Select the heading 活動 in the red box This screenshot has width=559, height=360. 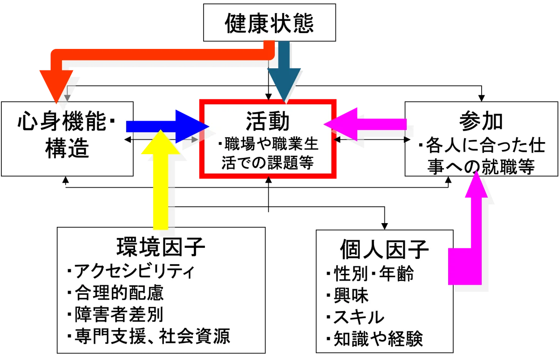pyautogui.click(x=268, y=122)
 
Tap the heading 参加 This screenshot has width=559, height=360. pyautogui.click(x=481, y=122)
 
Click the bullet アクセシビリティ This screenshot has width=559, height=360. pyautogui.click(x=130, y=272)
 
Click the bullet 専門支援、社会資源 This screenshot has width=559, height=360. pyautogui.click(x=149, y=336)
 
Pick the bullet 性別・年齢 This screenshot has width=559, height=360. pyautogui.click(x=370, y=273)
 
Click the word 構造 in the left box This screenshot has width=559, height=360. pyautogui.click(x=67, y=149)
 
